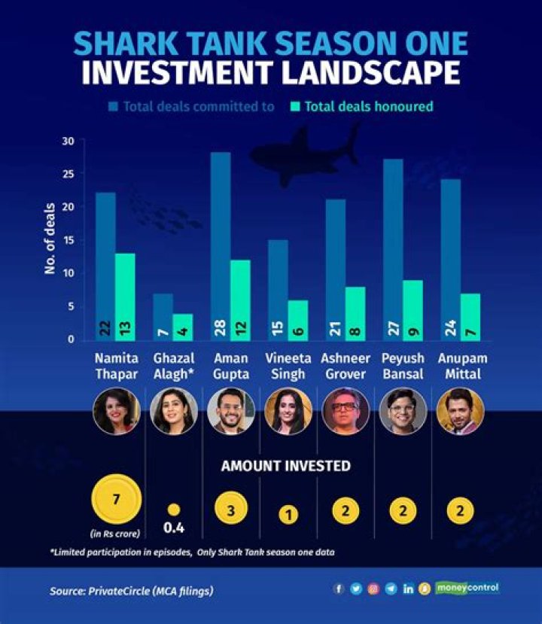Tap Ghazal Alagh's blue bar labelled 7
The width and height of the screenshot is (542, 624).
(x=163, y=316)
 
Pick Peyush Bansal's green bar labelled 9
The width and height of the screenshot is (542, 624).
(x=413, y=309)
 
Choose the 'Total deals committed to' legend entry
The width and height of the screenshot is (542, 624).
(x=191, y=106)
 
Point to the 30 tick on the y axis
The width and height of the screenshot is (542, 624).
(x=69, y=141)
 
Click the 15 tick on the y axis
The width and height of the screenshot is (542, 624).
(x=69, y=240)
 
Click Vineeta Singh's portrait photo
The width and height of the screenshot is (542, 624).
(x=288, y=411)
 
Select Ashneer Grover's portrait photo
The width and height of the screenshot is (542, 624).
(x=346, y=411)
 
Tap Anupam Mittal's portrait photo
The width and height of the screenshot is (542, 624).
(x=460, y=411)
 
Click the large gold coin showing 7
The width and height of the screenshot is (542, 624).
(x=116, y=499)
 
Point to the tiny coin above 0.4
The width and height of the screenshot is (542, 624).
(x=174, y=510)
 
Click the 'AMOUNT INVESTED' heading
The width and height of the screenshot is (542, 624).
(x=286, y=466)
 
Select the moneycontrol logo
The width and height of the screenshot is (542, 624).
(x=467, y=588)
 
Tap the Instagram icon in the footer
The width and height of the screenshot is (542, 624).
(x=373, y=589)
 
